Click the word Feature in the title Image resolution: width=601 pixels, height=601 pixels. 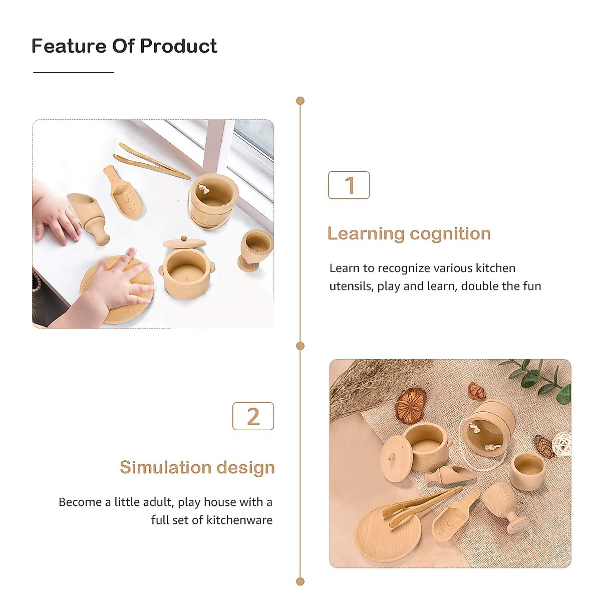pos(69,46)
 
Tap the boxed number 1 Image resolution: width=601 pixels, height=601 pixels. pos(349,185)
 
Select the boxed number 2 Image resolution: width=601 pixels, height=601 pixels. pos(253,416)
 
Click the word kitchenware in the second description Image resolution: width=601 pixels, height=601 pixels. pos(239,520)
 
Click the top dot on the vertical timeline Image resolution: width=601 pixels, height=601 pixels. pos(300,101)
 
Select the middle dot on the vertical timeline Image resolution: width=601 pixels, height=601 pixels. pos(300,346)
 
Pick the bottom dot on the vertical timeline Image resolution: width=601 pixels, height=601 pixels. pos(300,581)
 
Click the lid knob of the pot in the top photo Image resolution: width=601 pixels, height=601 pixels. pos(184,239)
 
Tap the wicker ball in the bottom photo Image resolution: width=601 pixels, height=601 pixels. pos(561,444)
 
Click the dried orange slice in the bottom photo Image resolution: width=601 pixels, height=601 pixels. pos(411,405)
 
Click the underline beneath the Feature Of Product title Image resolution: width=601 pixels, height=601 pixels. pos(73,73)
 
